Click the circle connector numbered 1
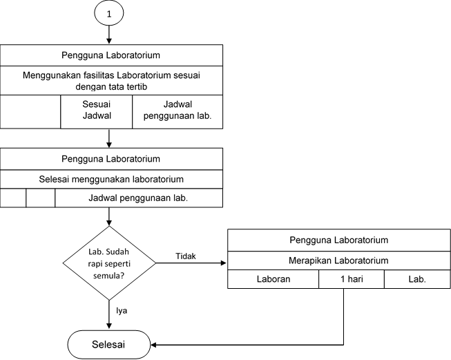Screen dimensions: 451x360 click(109, 13)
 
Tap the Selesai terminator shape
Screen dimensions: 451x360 click(109, 345)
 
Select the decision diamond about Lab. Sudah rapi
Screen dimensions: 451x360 click(109, 263)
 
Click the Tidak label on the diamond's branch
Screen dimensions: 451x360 click(186, 256)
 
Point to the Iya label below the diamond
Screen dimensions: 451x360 click(122, 310)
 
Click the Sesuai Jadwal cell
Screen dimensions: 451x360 click(97, 112)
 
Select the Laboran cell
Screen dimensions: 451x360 click(274, 279)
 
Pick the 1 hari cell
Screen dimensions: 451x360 click(352, 279)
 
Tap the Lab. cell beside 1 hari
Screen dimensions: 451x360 click(417, 279)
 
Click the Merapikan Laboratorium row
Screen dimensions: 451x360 click(339, 260)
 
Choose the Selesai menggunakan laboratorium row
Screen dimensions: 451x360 click(111, 179)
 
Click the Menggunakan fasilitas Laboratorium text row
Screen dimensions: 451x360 click(111, 81)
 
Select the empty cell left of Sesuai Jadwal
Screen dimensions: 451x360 click(30, 112)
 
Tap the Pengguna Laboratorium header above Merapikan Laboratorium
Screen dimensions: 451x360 click(339, 240)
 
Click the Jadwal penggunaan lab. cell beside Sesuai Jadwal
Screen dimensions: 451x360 click(177, 112)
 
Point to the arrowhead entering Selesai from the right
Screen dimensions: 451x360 click(153, 345)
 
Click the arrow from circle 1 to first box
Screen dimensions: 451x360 click(109, 35)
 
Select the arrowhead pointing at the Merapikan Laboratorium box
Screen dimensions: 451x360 click(224, 263)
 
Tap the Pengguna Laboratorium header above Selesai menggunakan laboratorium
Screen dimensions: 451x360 click(111, 159)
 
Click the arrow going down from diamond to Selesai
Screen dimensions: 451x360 click(109, 314)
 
